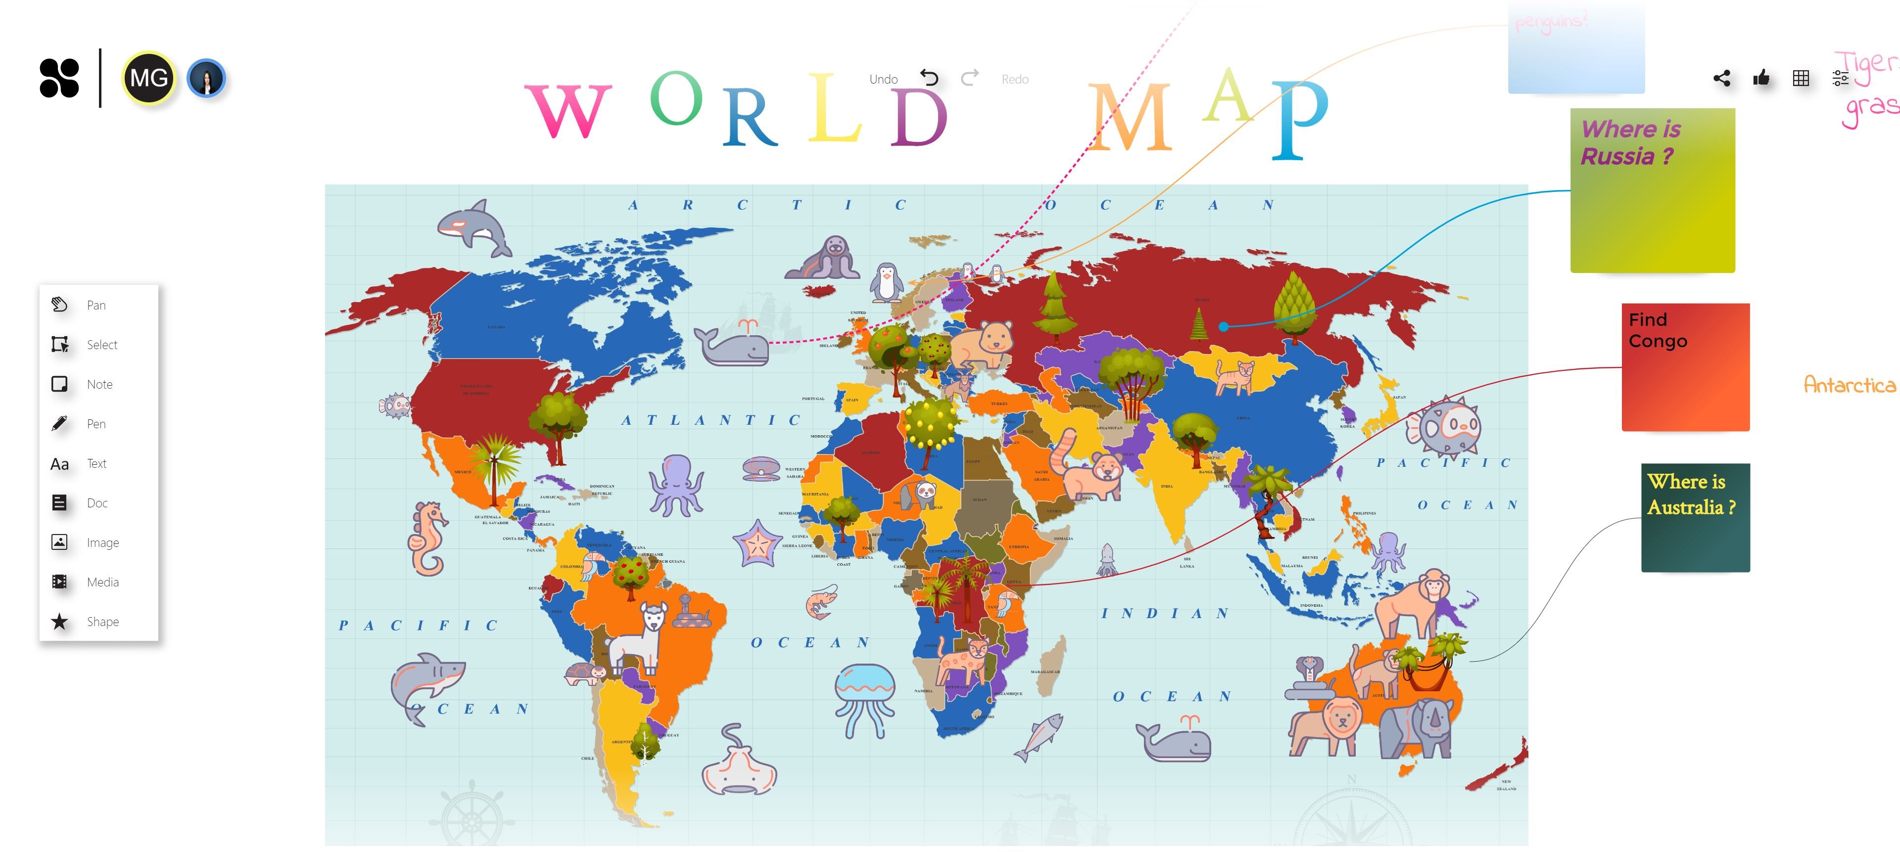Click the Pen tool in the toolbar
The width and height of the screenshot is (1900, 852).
point(60,424)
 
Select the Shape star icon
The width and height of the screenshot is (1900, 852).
point(60,621)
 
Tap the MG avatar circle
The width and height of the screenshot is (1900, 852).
point(149,78)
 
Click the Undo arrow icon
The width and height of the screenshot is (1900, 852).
point(929,78)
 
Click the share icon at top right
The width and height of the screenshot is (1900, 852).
point(1721,78)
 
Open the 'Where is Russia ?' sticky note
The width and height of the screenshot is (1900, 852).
point(1652,190)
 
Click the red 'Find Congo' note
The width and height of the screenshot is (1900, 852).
point(1685,367)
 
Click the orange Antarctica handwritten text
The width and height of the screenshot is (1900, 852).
point(1849,384)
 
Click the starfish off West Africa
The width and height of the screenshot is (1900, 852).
point(757,542)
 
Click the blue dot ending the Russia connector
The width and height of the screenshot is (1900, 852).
point(1223,326)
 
